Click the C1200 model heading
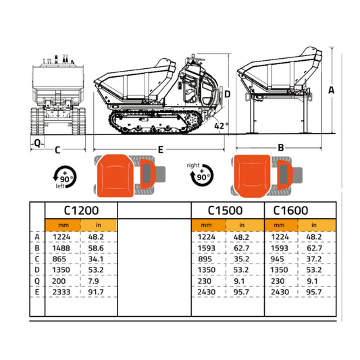[80, 210]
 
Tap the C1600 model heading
[292, 210]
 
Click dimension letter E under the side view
[160, 149]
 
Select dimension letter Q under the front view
[36, 143]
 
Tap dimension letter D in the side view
[228, 94]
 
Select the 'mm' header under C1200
[62, 225]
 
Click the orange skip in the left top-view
[114, 174]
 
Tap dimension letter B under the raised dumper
[280, 147]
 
